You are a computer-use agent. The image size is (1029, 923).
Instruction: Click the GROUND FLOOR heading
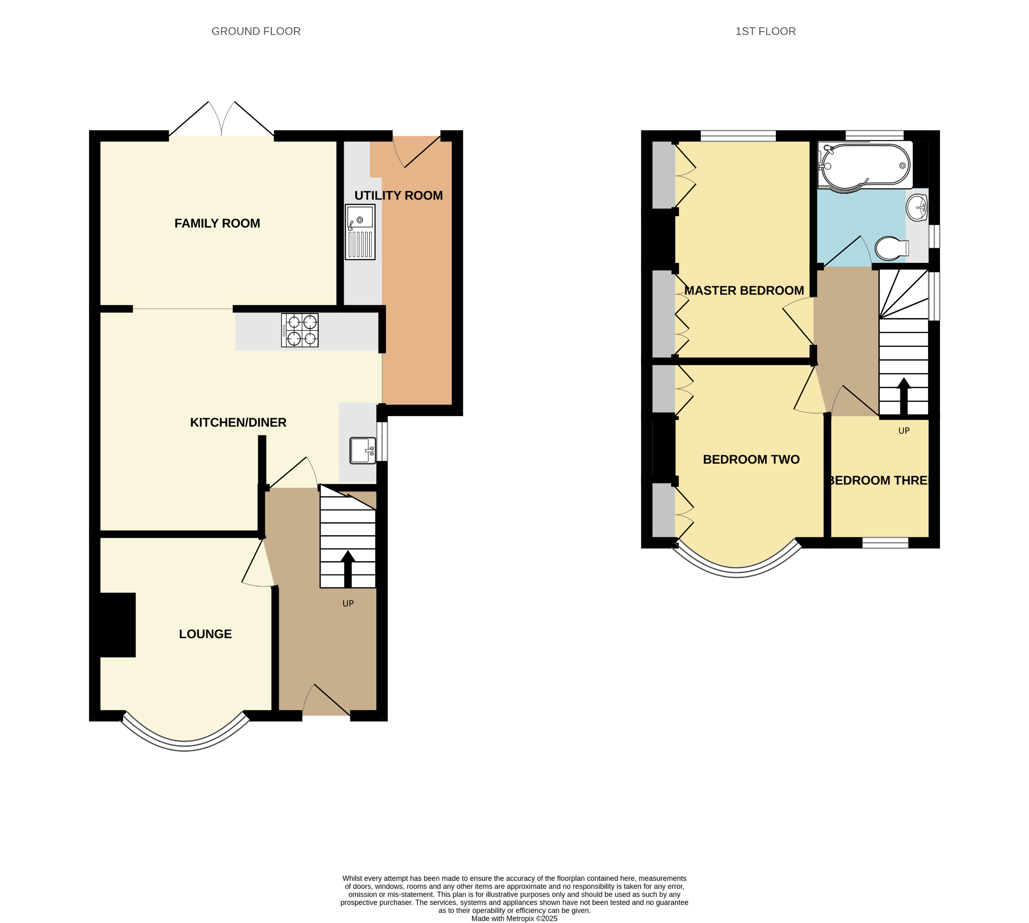coord(256,32)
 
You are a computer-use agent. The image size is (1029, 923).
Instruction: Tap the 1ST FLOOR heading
coord(765,32)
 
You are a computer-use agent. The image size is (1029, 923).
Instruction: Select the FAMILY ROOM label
coord(217,223)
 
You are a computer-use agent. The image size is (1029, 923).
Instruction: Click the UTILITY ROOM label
coord(398,195)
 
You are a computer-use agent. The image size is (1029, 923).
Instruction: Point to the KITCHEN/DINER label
coord(238,423)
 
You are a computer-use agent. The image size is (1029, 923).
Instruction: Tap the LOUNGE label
coord(205,634)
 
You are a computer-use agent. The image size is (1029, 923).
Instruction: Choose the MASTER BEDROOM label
coord(744,290)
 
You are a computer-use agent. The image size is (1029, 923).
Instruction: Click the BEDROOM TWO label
coord(751,459)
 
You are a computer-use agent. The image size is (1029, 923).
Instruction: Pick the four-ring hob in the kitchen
coord(300,330)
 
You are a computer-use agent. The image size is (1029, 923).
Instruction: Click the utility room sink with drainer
coord(360,232)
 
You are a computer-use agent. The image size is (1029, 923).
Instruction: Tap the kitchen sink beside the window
coord(363,450)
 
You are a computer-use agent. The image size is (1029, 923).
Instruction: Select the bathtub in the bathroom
coord(865,166)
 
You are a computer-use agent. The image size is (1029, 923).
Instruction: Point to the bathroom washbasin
coord(917,208)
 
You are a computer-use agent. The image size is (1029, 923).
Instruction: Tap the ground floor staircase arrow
coord(347,569)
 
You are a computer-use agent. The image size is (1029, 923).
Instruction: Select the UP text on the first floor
coord(904,431)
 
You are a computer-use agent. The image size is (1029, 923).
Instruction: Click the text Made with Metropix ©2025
coord(514,918)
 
